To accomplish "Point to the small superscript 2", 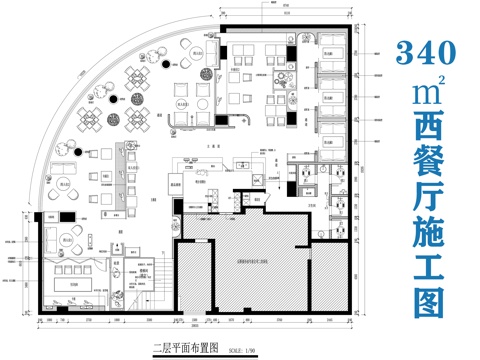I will pos(439,82).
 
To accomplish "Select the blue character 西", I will pos(424,133).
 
